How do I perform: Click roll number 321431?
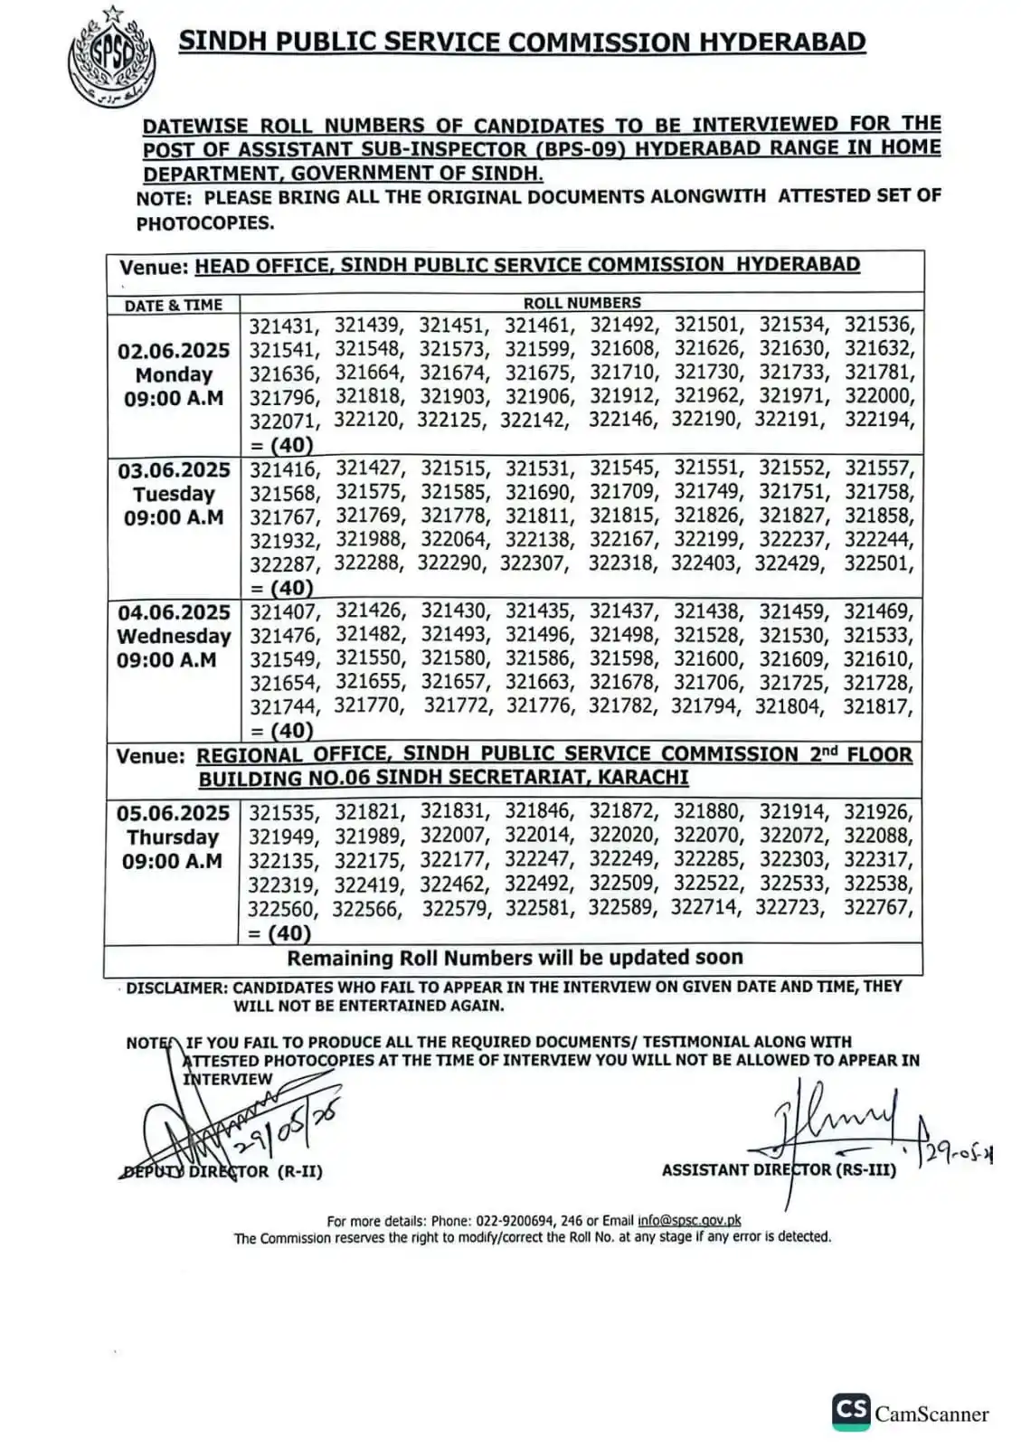pyautogui.click(x=283, y=326)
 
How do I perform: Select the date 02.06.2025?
pyautogui.click(x=174, y=351)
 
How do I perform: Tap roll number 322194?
pyautogui.click(x=878, y=420)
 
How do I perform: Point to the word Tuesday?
pyautogui.click(x=174, y=494)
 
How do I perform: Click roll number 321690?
pyautogui.click(x=538, y=493)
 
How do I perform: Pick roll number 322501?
pyautogui.click(x=878, y=563)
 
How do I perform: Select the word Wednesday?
pyautogui.click(x=174, y=636)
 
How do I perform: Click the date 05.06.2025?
pyautogui.click(x=174, y=813)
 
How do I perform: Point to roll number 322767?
pyautogui.click(x=877, y=907)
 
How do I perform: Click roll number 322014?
pyautogui.click(x=538, y=836)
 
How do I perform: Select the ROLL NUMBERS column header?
pyautogui.click(x=581, y=303)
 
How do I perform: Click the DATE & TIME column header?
pyautogui.click(x=173, y=305)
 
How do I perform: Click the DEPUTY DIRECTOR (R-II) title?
pyautogui.click(x=222, y=1171)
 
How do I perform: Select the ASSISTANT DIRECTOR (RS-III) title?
pyautogui.click(x=779, y=1169)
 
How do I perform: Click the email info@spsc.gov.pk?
pyautogui.click(x=689, y=1220)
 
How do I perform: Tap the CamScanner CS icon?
pyautogui.click(x=851, y=1411)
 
